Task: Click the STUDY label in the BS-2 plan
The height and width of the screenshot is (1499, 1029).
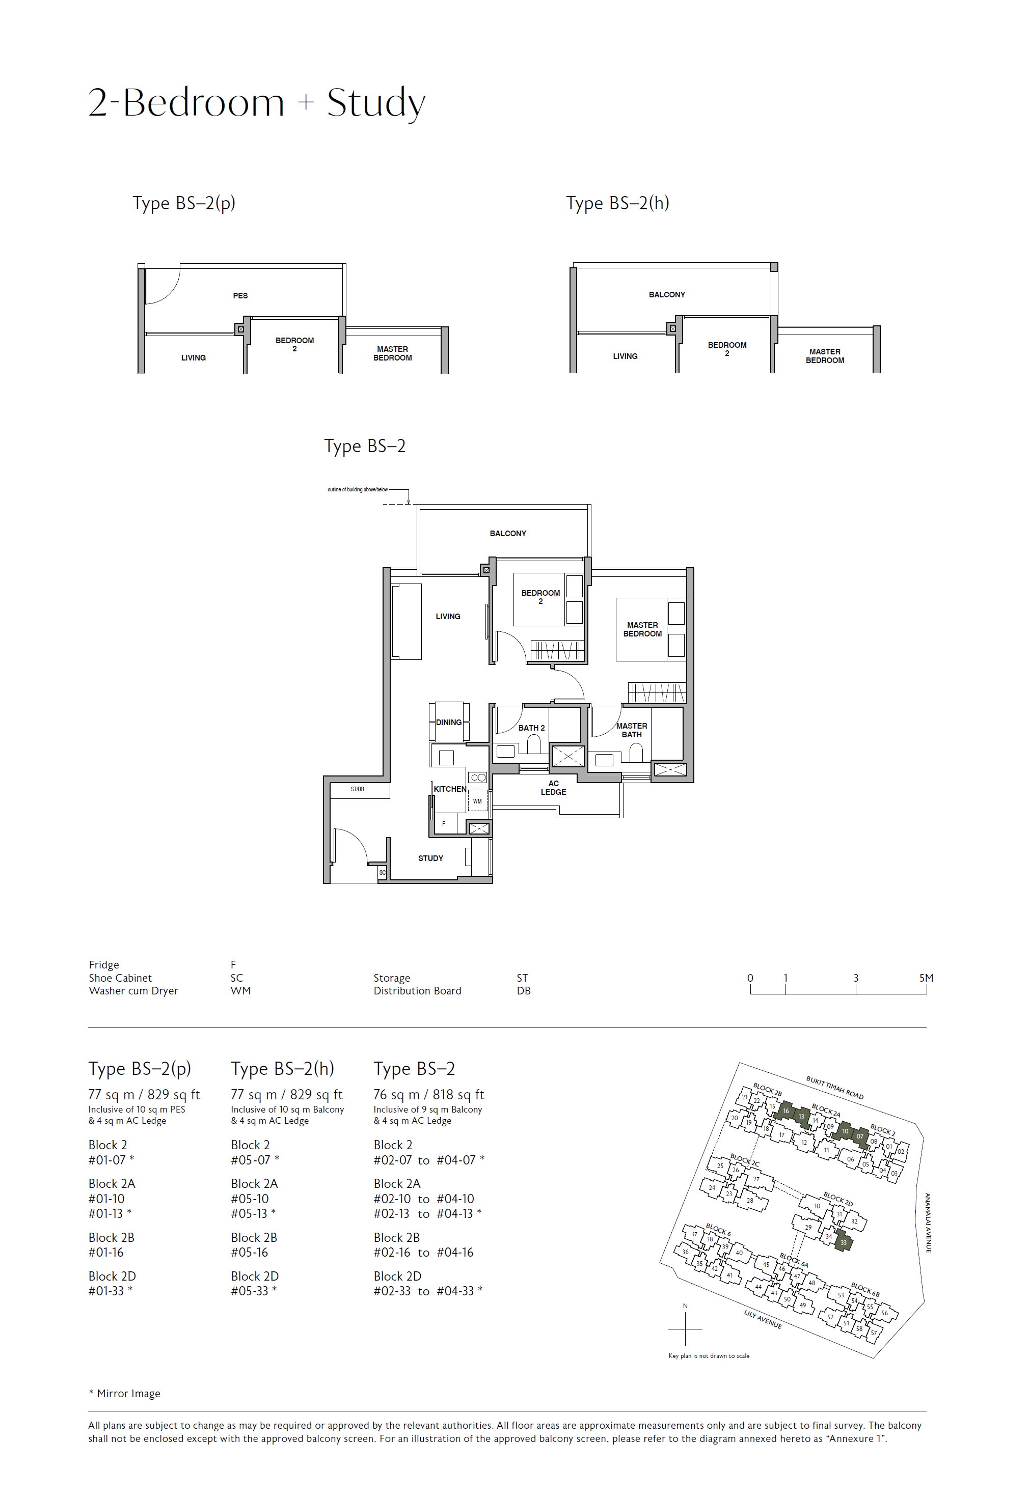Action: (x=430, y=858)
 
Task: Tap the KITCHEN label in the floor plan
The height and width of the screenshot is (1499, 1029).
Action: (x=450, y=789)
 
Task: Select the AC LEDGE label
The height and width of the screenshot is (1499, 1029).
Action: (x=554, y=788)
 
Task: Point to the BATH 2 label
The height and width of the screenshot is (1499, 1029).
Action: (x=532, y=728)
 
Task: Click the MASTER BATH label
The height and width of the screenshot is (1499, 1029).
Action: (x=632, y=730)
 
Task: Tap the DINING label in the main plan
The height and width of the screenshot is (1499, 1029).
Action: (x=448, y=723)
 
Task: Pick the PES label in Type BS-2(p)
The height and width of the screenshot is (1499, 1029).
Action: (x=240, y=295)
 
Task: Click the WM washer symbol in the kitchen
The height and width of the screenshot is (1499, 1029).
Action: (x=477, y=801)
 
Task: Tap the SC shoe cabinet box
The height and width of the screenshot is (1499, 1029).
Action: (x=382, y=873)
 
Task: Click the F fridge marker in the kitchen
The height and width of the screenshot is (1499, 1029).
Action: (x=443, y=824)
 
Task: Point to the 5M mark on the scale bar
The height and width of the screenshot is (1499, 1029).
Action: (x=926, y=978)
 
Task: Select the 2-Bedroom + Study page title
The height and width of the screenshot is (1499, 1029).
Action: (x=257, y=103)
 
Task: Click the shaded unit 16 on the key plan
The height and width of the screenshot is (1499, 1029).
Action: (x=786, y=1111)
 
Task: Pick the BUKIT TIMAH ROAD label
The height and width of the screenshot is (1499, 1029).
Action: (x=834, y=1087)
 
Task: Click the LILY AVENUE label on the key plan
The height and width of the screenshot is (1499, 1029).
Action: (x=763, y=1319)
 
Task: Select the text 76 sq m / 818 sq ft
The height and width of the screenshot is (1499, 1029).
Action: (x=428, y=1095)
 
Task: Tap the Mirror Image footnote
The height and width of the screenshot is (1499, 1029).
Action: (x=124, y=1393)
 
